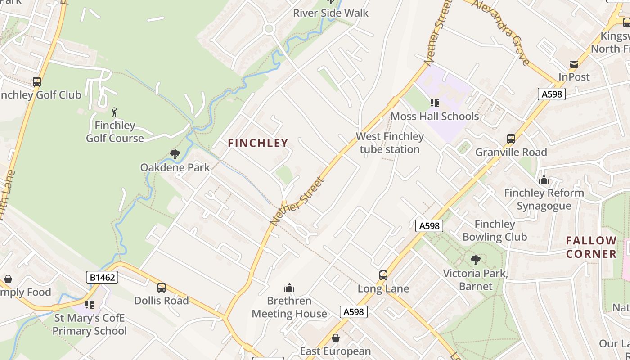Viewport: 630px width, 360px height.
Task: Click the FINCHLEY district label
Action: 258,143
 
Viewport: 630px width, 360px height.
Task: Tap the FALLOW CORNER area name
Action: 591,247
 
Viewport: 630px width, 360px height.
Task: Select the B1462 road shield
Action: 102,277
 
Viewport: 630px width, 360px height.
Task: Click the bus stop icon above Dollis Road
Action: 162,287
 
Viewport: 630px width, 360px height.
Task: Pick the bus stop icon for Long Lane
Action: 383,275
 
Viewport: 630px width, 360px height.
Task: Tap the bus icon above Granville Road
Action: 511,139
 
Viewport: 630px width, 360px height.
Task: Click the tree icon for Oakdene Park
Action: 175,155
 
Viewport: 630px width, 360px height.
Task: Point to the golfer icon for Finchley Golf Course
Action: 115,112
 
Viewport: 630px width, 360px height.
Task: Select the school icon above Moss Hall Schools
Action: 434,103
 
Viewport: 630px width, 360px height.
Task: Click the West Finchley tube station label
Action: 390,143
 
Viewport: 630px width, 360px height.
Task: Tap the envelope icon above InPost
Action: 574,64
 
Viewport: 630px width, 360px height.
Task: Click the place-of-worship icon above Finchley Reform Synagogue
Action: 544,180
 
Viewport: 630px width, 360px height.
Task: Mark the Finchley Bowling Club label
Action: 495,230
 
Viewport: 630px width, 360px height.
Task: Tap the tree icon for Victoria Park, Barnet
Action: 475,260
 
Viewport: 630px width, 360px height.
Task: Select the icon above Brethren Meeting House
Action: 289,288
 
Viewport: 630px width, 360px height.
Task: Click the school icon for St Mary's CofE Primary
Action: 90,305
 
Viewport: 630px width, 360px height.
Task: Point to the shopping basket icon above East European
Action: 336,337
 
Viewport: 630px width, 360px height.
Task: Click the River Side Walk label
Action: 331,13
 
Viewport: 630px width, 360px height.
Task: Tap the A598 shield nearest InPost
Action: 551,94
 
